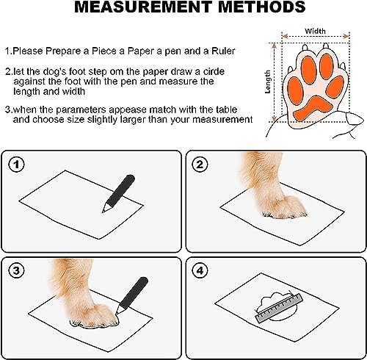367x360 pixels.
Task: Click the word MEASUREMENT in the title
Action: click(142, 7)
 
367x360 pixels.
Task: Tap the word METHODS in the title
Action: click(262, 7)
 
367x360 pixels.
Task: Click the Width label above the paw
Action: click(315, 31)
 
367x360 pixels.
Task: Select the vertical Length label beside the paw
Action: click(268, 82)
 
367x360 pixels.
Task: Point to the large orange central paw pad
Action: click(313, 108)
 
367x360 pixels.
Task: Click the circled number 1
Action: click(16, 164)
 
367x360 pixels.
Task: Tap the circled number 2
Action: click(200, 164)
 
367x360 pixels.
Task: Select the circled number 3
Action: click(16, 270)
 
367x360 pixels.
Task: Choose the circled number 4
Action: click(200, 270)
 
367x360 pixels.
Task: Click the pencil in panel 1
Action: click(119, 193)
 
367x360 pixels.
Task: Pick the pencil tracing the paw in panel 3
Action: click(132, 295)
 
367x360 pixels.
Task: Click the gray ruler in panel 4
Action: click(279, 308)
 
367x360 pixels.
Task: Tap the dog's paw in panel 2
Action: click(284, 207)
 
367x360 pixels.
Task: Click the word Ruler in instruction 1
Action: click(223, 51)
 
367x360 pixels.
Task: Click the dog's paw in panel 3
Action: click(94, 316)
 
